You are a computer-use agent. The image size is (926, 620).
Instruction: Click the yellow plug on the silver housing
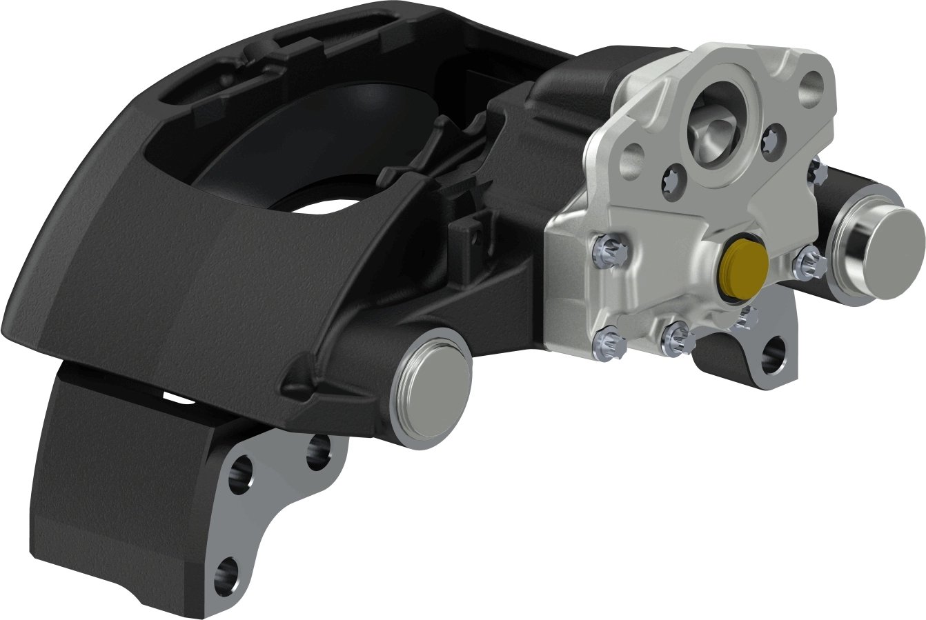click(742, 267)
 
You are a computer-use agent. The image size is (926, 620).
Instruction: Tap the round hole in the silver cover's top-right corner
click(812, 88)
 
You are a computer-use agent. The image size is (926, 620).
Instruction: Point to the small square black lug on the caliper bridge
click(466, 232)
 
